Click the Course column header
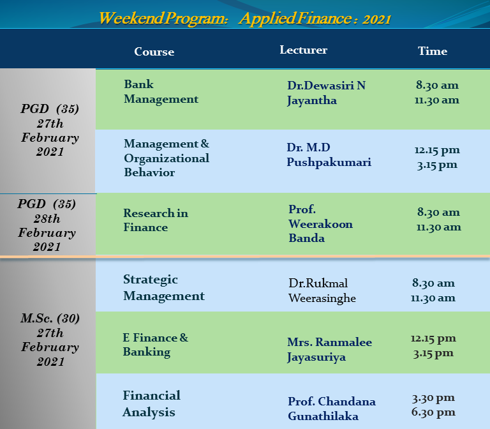coord(154,52)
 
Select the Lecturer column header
coord(304,50)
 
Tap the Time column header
coord(433,51)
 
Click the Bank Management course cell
coord(161,92)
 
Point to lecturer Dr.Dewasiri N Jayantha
coord(326,93)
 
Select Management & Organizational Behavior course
coord(167,158)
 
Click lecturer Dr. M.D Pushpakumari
coord(329,154)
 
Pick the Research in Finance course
coord(156,220)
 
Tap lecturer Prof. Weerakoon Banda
coord(321,224)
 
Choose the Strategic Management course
coord(164,288)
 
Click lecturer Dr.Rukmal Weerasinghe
coord(322,290)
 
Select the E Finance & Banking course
coord(155,345)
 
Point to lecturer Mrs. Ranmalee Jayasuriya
coord(329,350)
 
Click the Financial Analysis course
coord(152,403)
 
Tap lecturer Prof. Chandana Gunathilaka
coord(332,409)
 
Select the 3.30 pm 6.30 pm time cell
coord(433,405)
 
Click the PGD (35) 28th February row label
coord(47,225)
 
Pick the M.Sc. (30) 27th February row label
coord(50,340)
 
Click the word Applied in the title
coord(267,18)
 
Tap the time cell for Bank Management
coord(437,93)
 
